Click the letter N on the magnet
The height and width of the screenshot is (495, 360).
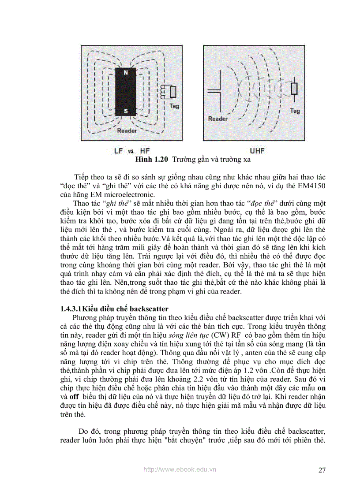[126, 72]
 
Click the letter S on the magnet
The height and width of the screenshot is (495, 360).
[126, 111]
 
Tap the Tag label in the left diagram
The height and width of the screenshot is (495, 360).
[174, 106]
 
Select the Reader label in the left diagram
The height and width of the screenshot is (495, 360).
[127, 130]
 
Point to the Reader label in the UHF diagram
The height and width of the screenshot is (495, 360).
[217, 119]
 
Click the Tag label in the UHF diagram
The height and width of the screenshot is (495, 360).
[295, 111]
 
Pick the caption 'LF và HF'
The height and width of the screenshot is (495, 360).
[132, 151]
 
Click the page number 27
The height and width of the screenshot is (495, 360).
[322, 470]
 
